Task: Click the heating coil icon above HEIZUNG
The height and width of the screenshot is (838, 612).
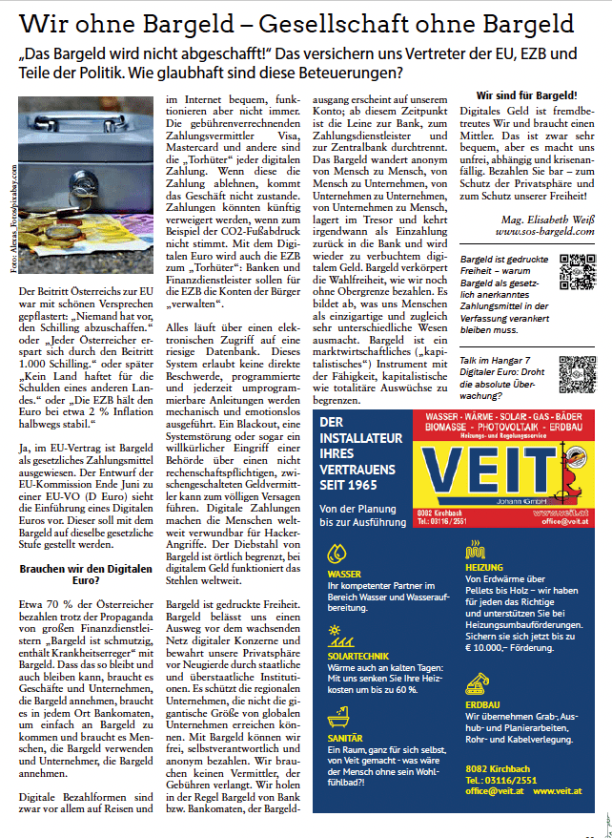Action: pyautogui.click(x=476, y=550)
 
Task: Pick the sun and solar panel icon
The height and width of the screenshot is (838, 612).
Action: pyautogui.click(x=335, y=631)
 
